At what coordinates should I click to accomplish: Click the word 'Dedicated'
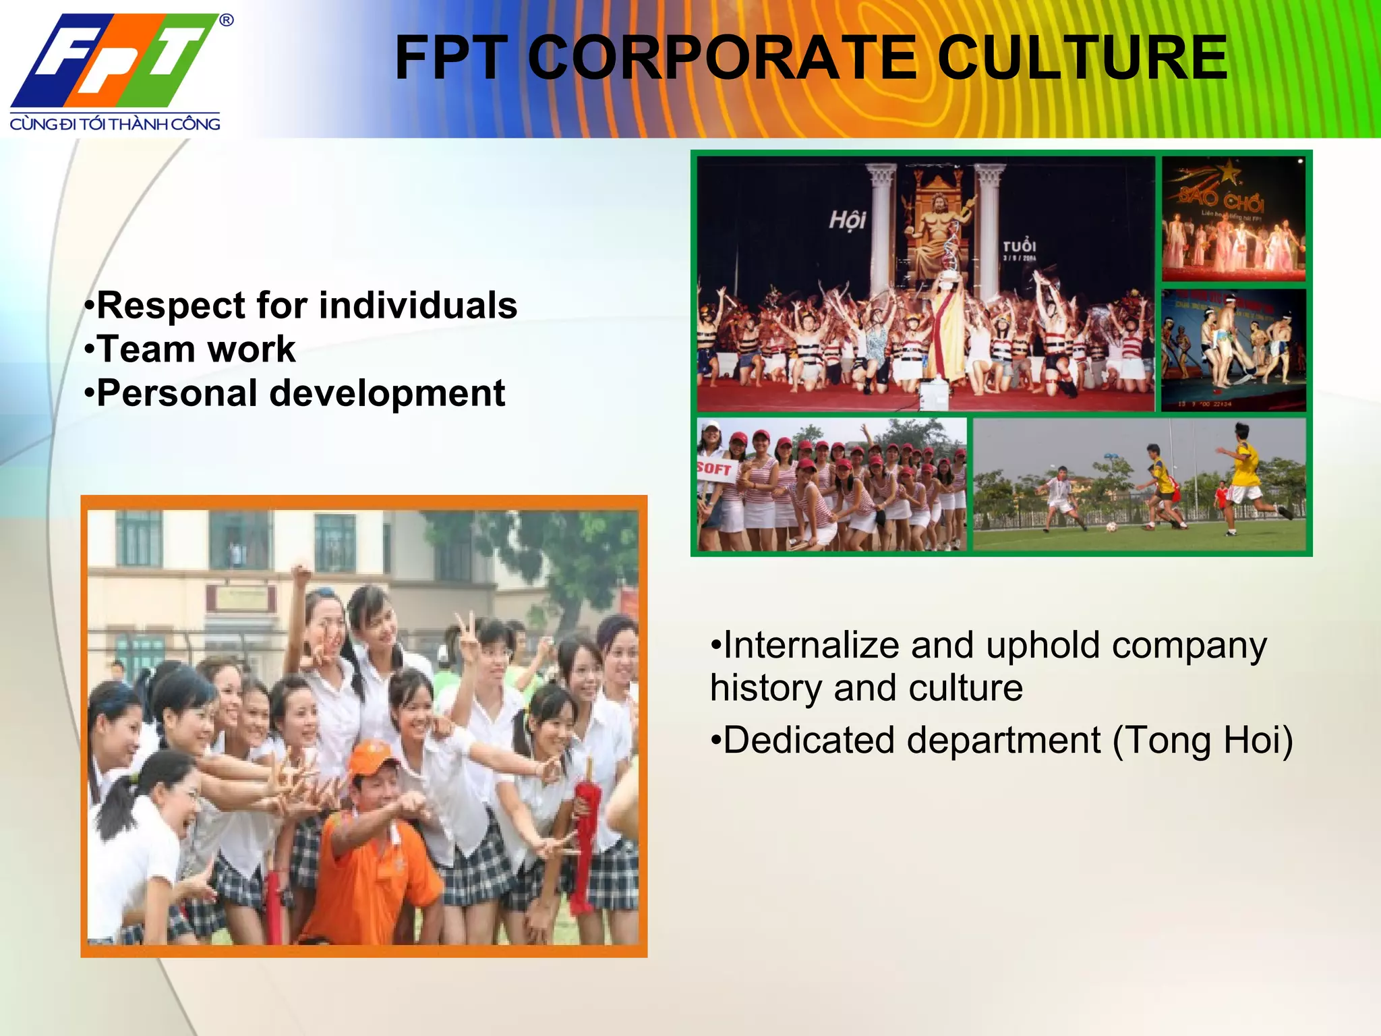tap(809, 740)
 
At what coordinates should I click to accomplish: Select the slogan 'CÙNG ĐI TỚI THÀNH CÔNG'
tap(115, 124)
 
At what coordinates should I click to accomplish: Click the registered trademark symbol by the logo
tap(227, 21)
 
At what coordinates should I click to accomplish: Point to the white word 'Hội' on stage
tap(847, 219)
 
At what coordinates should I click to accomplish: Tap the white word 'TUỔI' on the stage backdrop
tap(1019, 246)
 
